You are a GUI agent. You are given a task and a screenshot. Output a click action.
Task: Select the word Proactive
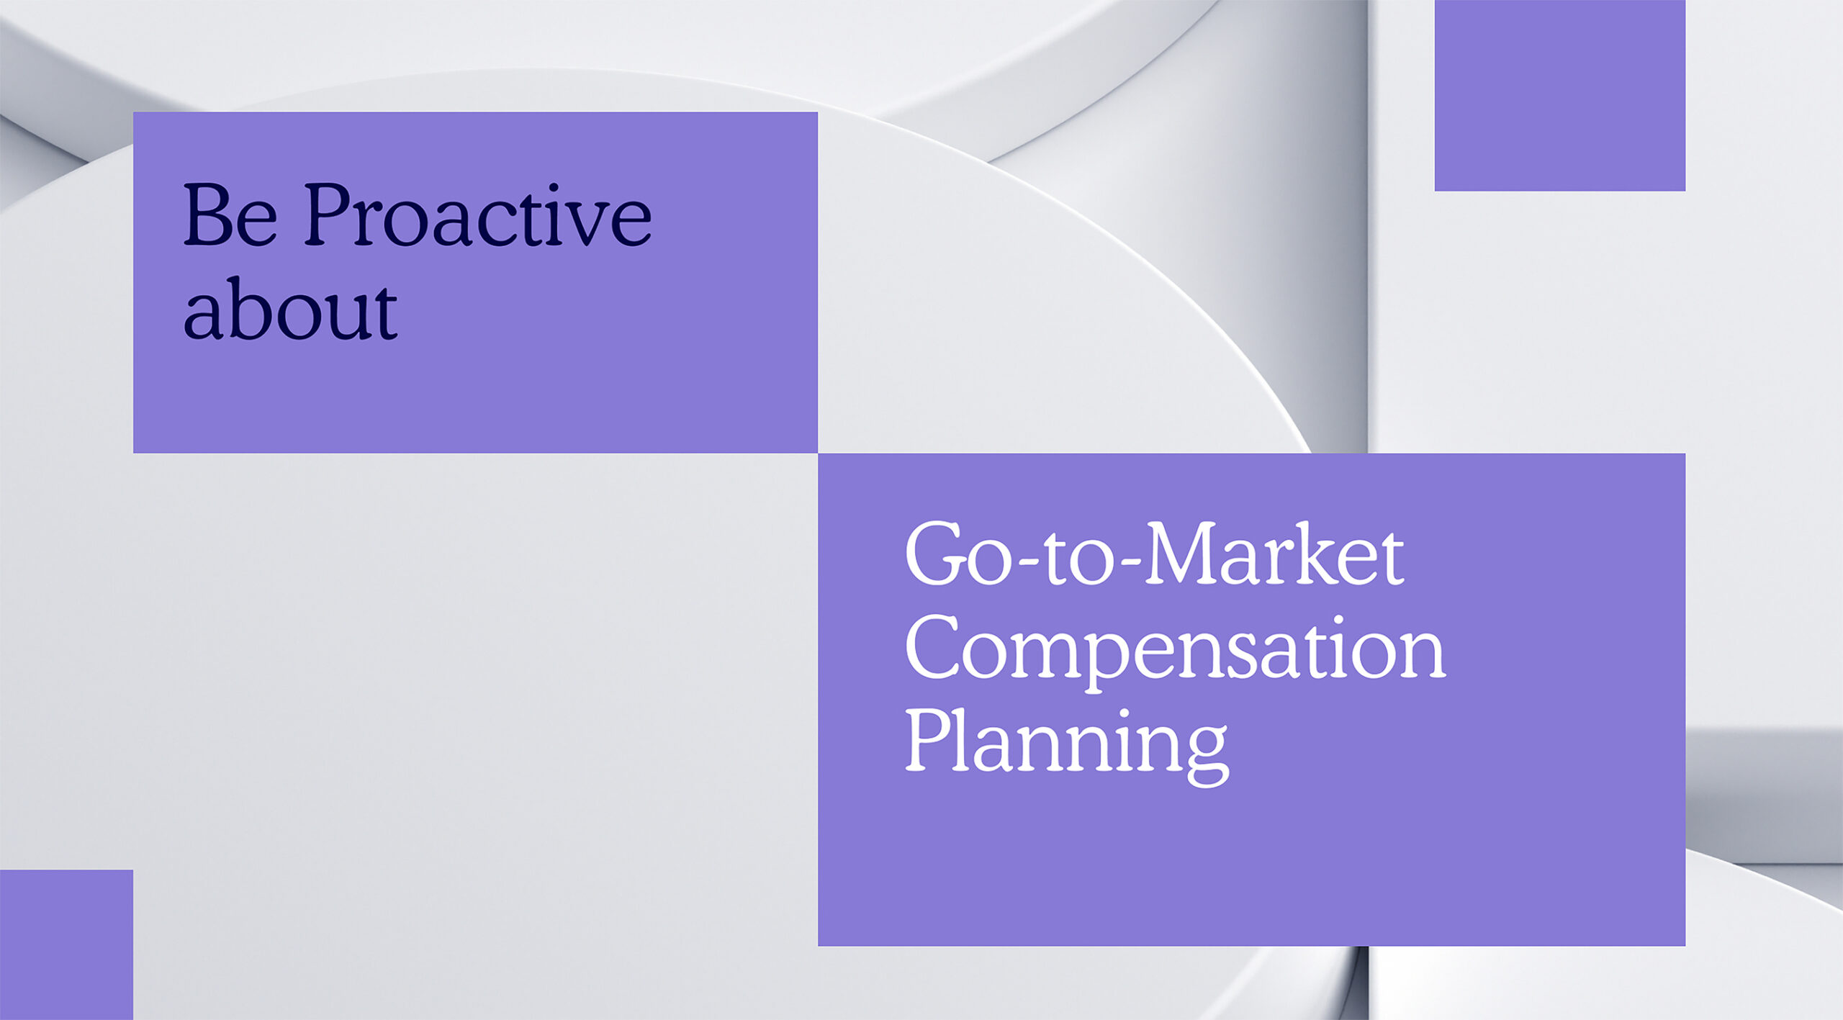coord(478,214)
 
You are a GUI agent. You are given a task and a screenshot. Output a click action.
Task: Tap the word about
coord(290,308)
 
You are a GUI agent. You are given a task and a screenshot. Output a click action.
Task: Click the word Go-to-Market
coord(1154,554)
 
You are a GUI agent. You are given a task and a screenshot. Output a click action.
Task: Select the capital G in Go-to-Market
coord(934,554)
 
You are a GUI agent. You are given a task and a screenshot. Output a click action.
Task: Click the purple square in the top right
coord(1559,95)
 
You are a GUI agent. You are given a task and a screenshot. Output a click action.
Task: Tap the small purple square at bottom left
coord(66,944)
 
